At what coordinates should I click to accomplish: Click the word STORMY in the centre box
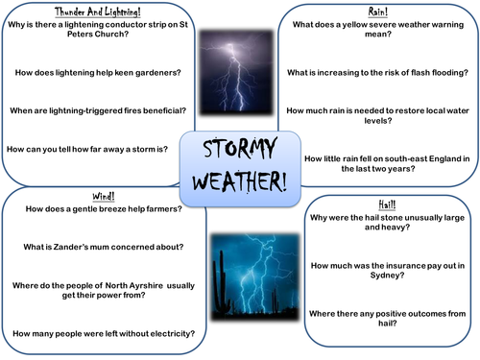pos(239,151)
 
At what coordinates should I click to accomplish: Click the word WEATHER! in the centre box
pos(239,181)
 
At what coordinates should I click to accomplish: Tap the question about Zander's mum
pos(105,247)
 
